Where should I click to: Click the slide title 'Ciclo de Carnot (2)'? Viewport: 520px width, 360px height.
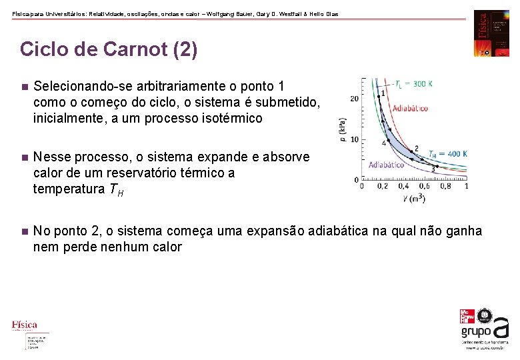pyautogui.click(x=109, y=50)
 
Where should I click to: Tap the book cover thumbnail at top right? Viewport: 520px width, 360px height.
pyautogui.click(x=491, y=33)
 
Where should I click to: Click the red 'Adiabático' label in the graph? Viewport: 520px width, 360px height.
pyautogui.click(x=410, y=108)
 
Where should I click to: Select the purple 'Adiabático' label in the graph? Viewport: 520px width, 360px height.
pyautogui.click(x=386, y=164)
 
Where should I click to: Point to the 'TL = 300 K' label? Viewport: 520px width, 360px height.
pyautogui.click(x=413, y=84)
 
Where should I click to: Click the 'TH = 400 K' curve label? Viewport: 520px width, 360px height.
pyautogui.click(x=447, y=154)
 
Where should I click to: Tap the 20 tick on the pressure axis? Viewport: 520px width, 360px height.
pyautogui.click(x=354, y=99)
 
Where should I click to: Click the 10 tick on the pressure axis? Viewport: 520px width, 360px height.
pyautogui.click(x=354, y=139)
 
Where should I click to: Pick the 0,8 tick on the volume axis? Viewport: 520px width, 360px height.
pyautogui.click(x=445, y=187)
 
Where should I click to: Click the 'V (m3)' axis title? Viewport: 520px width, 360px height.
pyautogui.click(x=414, y=198)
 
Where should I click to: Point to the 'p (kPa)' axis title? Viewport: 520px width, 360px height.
pyautogui.click(x=343, y=129)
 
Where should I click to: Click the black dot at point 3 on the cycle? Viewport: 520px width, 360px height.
pyautogui.click(x=433, y=165)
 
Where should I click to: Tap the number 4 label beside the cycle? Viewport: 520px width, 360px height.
pyautogui.click(x=385, y=143)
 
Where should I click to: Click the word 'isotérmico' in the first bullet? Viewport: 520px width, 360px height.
pyautogui.click(x=233, y=119)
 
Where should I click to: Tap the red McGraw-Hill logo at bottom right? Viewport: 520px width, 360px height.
pyautogui.click(x=468, y=317)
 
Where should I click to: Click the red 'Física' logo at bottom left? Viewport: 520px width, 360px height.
pyautogui.click(x=25, y=325)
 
